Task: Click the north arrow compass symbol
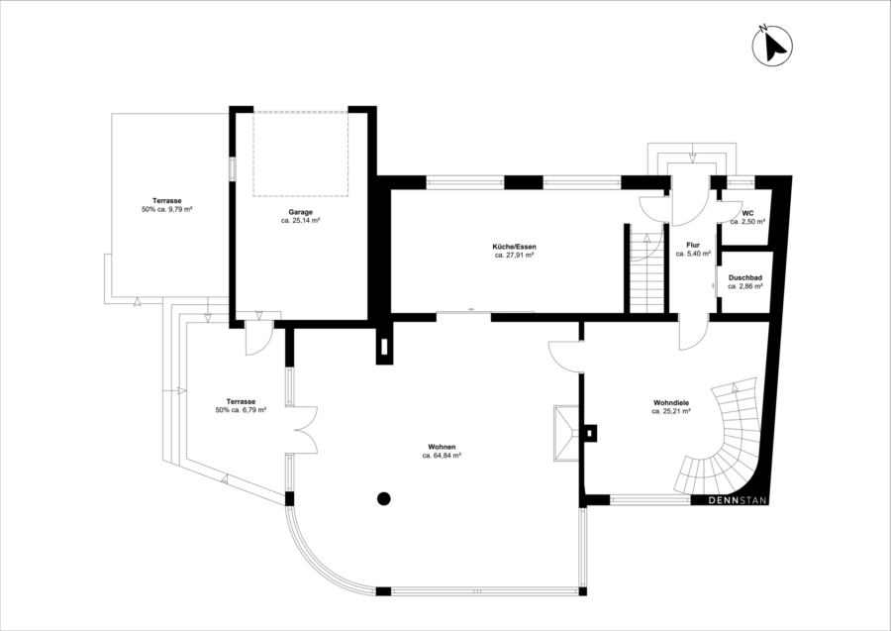pos(772,45)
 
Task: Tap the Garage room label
pos(301,212)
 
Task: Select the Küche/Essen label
pos(514,247)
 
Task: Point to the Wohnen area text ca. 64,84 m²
pos(442,456)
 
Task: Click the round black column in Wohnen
pos(384,498)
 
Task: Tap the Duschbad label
pos(744,278)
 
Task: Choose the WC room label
pos(747,213)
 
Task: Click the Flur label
pos(693,246)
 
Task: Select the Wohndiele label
pos(671,402)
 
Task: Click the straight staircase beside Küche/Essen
pos(646,271)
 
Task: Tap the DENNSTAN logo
pos(738,501)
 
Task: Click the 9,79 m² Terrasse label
pos(166,205)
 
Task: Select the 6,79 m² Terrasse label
pos(241,405)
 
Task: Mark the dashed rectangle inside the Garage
pos(301,154)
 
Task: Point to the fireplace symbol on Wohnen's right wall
pos(566,433)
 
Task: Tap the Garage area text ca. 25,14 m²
pos(301,220)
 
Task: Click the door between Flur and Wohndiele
pos(694,334)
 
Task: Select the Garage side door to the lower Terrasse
pos(259,339)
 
